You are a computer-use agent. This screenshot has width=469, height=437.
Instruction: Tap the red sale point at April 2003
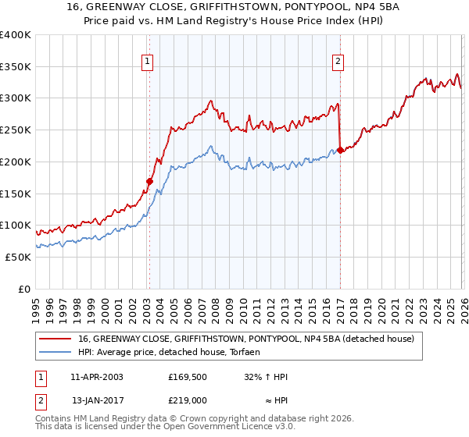click(149, 181)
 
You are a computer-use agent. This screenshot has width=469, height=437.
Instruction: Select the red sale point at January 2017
click(340, 149)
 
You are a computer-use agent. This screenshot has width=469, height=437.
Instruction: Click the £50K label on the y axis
click(16, 257)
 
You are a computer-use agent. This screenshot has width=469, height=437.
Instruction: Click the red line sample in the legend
click(55, 339)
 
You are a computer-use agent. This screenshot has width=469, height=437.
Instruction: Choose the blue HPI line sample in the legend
click(55, 353)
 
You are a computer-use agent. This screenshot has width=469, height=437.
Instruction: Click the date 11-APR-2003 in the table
click(96, 376)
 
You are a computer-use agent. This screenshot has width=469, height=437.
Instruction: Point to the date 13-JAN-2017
click(96, 400)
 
